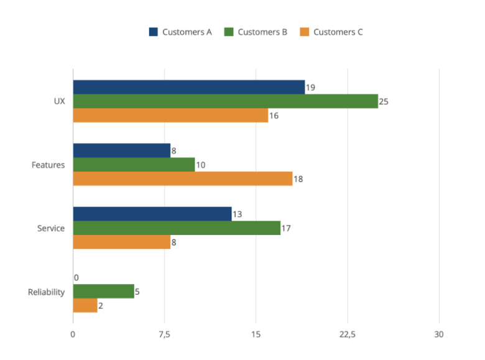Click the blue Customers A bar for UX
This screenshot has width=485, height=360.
tap(188, 87)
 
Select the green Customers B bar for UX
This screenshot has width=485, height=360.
tap(225, 101)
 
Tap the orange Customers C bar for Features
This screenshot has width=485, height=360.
tap(182, 179)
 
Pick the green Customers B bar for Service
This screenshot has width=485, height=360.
tap(177, 228)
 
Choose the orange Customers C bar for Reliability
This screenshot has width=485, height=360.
tap(85, 306)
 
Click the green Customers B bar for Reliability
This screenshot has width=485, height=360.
tap(103, 292)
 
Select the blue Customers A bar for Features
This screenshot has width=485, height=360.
tap(121, 150)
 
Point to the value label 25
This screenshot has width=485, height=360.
tap(384, 101)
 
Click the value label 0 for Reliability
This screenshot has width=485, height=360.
tap(76, 278)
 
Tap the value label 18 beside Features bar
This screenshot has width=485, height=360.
tap(298, 179)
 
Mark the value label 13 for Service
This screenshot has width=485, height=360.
tap(237, 215)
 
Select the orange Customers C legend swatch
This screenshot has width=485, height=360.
tap(305, 32)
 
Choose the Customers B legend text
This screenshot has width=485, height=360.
tap(262, 32)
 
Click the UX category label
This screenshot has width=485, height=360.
tap(59, 101)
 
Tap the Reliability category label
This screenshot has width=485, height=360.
tap(46, 292)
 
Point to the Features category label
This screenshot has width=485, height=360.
tap(48, 165)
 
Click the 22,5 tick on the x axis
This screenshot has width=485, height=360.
tap(347, 335)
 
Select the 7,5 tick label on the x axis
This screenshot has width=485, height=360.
tap(164, 335)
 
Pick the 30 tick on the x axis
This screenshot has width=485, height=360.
tap(439, 335)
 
